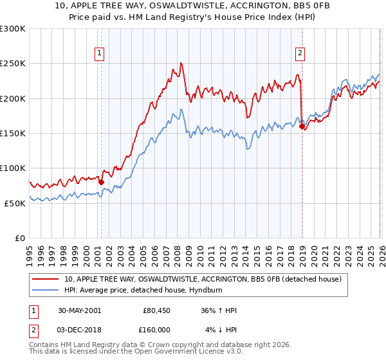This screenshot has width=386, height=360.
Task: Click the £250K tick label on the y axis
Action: click(x=13, y=64)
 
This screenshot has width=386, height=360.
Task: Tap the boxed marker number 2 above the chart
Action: click(x=300, y=53)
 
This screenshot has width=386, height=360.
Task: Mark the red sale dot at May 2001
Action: click(x=101, y=182)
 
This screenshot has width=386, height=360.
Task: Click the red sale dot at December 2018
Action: click(x=302, y=127)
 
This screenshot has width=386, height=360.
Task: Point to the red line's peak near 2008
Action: click(x=181, y=63)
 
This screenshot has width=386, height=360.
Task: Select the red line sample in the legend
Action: click(x=46, y=279)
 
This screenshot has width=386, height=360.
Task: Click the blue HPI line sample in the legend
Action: click(x=46, y=290)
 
